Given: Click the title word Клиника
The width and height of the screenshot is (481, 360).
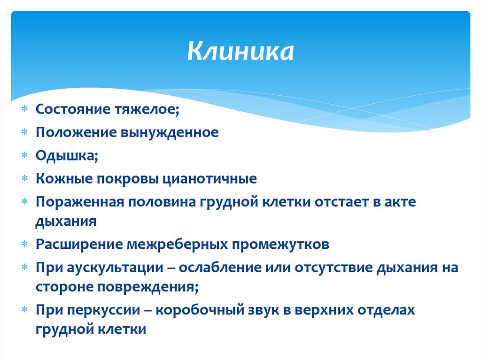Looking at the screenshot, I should (x=240, y=52).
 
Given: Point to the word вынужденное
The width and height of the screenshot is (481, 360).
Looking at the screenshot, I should (x=171, y=132).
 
